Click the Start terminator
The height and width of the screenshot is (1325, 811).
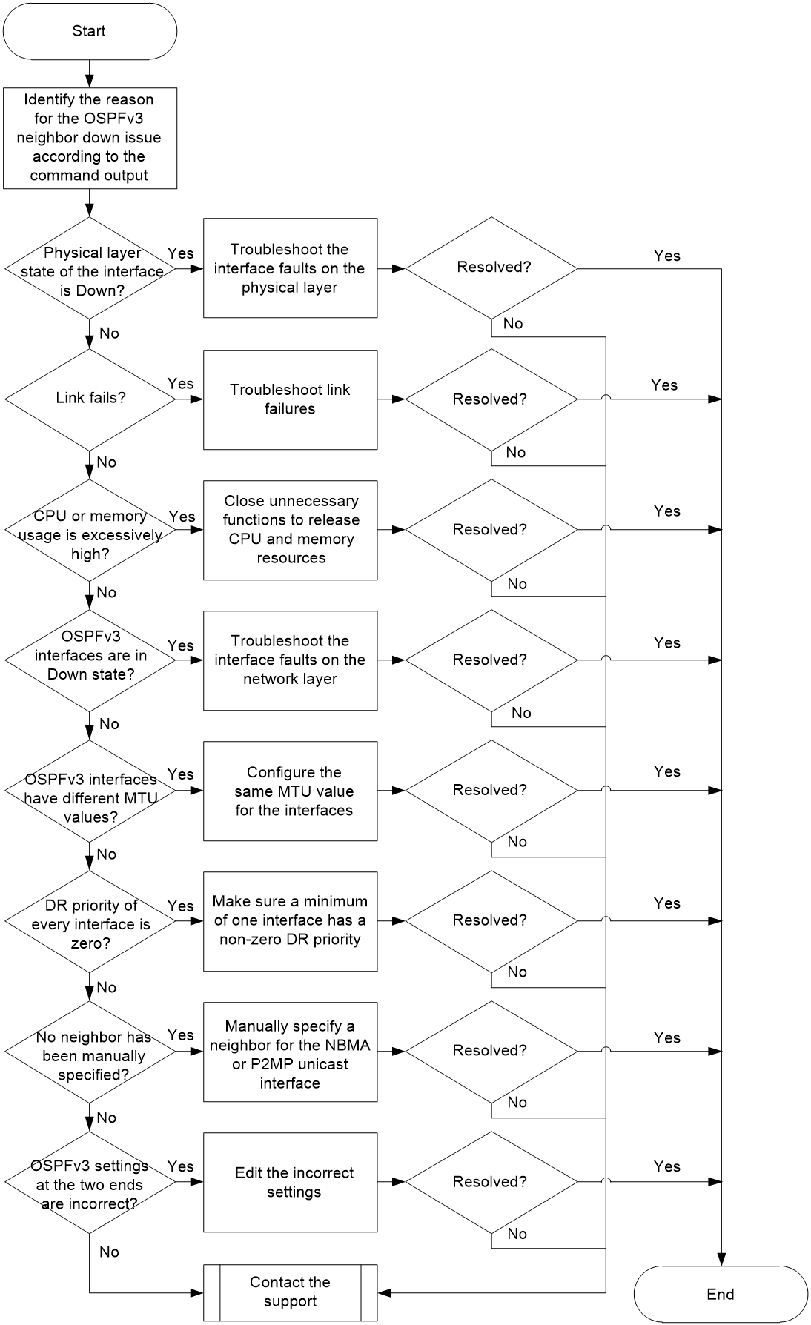coord(90,31)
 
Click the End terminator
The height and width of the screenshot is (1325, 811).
coord(721,1294)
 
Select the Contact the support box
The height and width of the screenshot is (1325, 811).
coord(290,1292)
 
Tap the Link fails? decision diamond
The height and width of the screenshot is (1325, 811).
coord(90,399)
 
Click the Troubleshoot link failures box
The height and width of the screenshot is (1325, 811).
coord(290,399)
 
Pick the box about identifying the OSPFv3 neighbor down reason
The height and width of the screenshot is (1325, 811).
coord(90,138)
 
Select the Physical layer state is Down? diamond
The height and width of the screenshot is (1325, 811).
coord(90,268)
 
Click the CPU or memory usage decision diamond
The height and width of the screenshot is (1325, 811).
coord(90,531)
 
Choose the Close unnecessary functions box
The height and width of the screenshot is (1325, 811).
coord(290,530)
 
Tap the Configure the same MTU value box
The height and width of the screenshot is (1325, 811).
coord(290,791)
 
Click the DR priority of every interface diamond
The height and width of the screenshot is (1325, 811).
coord(90,921)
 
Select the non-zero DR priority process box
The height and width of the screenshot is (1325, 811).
coord(290,921)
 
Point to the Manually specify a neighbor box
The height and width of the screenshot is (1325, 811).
coord(290,1052)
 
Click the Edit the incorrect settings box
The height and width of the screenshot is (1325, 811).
coord(290,1182)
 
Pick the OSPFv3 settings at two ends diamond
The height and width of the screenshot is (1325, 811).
coord(90,1183)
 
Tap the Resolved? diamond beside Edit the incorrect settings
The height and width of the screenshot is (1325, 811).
coord(491,1182)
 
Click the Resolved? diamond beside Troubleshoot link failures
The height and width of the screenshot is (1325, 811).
coord(491,399)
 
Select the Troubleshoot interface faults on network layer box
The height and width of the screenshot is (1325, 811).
coord(290,660)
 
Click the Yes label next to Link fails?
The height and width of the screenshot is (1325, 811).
coord(181,383)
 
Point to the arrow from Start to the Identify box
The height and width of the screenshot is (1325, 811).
coord(90,73)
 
